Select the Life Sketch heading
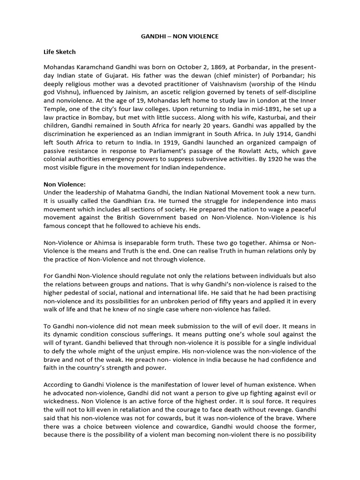pos(60,52)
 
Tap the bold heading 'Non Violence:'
pos(65,185)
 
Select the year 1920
pos(268,159)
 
